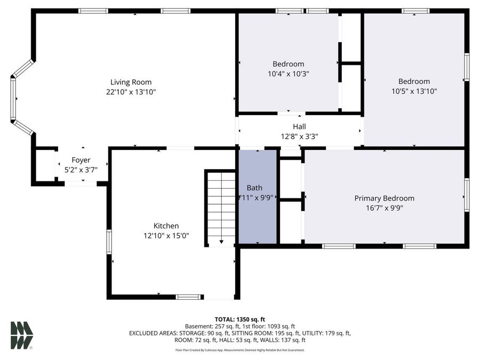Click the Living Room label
coord(131,82)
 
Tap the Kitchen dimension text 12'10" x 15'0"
coord(166,235)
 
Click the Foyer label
coord(81,160)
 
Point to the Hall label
coord(299,126)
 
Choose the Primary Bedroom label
coord(384,198)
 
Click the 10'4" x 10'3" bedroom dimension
coord(288,74)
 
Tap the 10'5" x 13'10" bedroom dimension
coord(414,91)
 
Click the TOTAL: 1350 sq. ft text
coord(239,318)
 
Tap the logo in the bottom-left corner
coord(22,335)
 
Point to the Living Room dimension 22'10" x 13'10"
coord(131,92)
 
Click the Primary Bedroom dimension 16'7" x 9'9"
coord(384,208)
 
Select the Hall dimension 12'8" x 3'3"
coord(299,136)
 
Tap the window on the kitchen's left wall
coord(109,241)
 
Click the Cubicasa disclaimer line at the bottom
coord(239,350)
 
